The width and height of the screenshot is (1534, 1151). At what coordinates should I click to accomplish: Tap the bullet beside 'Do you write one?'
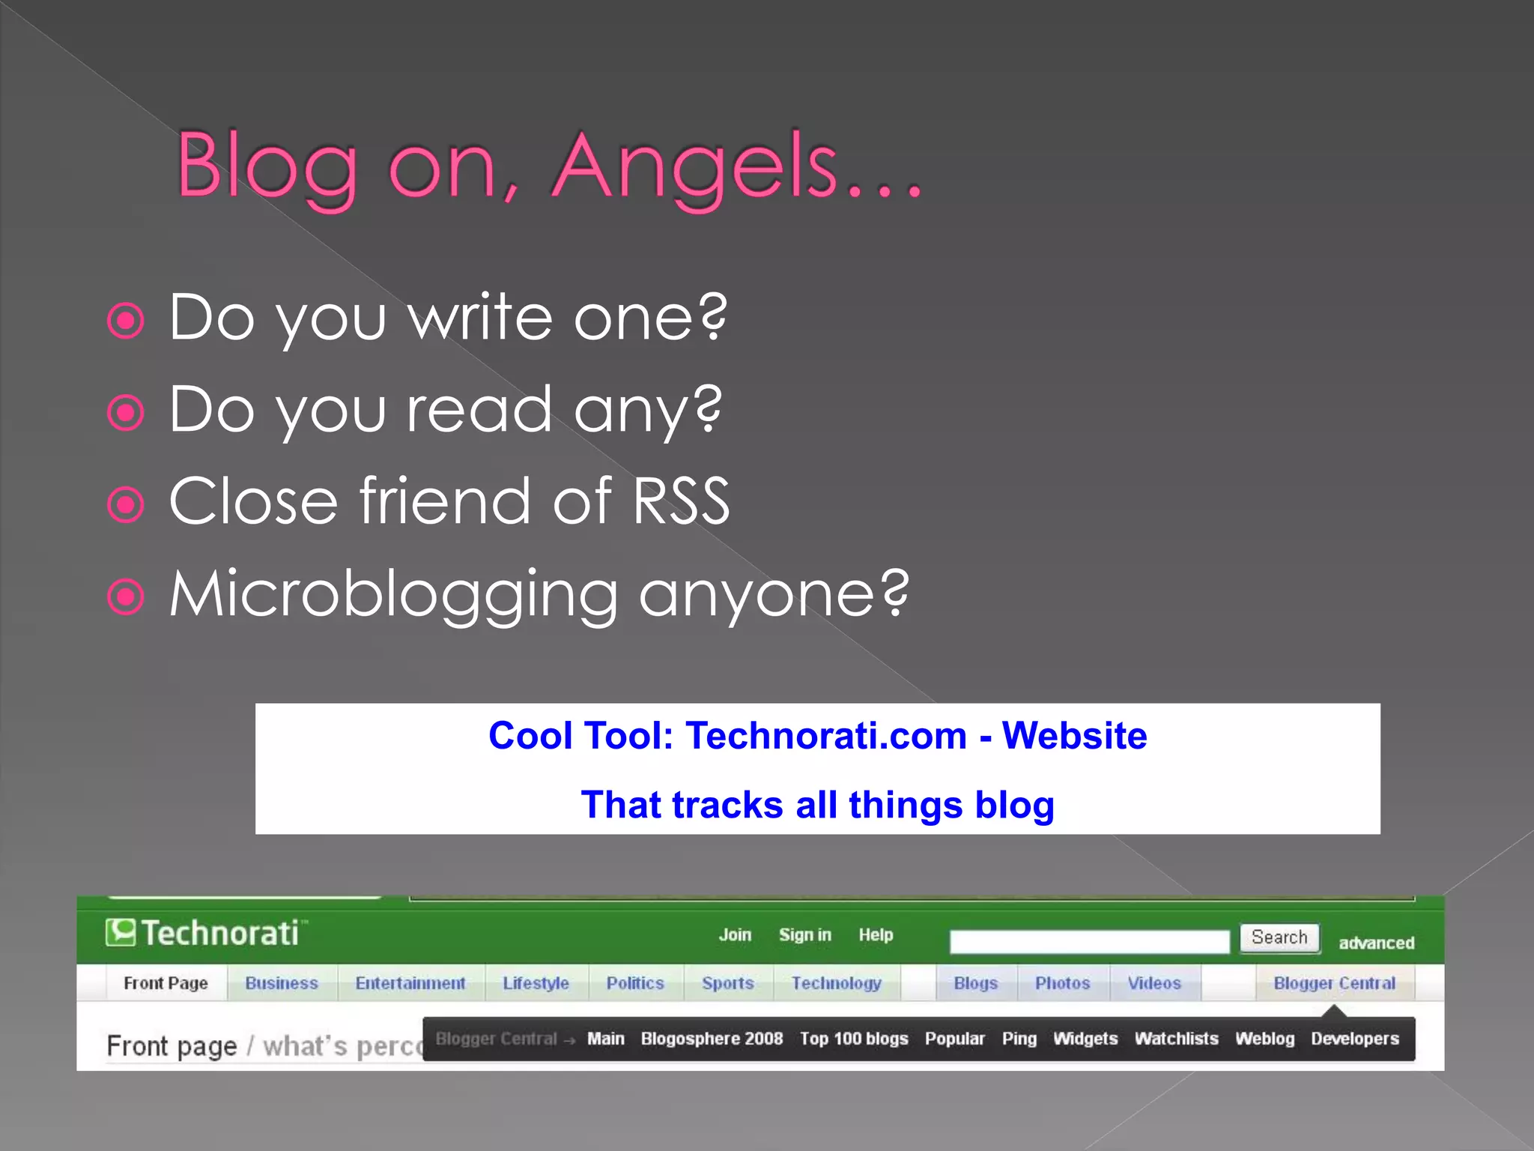(x=126, y=321)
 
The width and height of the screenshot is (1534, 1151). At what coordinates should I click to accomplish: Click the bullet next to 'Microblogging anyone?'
(x=126, y=596)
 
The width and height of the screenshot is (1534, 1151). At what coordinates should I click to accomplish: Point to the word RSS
(x=681, y=501)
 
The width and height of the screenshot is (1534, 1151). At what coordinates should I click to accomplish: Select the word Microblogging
(x=393, y=593)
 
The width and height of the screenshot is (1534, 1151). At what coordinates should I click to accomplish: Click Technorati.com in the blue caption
(x=826, y=736)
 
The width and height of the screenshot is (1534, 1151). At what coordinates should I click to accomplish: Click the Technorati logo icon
(x=121, y=933)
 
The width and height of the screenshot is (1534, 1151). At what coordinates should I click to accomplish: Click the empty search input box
(x=1089, y=941)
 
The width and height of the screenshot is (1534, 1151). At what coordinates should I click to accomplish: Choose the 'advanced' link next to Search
(x=1376, y=943)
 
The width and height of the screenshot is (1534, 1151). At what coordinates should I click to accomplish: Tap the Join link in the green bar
(x=735, y=934)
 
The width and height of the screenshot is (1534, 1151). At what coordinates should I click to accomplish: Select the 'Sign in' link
(x=804, y=934)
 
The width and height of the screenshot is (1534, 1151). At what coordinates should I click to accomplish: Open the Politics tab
(x=635, y=983)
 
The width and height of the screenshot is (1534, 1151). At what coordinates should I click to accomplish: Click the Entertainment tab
(x=410, y=983)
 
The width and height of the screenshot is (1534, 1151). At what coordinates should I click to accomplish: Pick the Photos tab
(x=1062, y=983)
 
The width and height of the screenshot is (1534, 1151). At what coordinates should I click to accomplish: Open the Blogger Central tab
(x=1334, y=983)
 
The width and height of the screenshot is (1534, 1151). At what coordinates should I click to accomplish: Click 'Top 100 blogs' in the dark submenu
(x=854, y=1039)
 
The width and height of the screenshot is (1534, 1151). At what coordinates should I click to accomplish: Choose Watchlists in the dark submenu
(x=1176, y=1039)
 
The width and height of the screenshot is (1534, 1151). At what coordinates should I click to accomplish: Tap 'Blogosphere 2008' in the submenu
(x=712, y=1039)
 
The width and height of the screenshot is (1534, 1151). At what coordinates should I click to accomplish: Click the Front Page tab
(x=166, y=983)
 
